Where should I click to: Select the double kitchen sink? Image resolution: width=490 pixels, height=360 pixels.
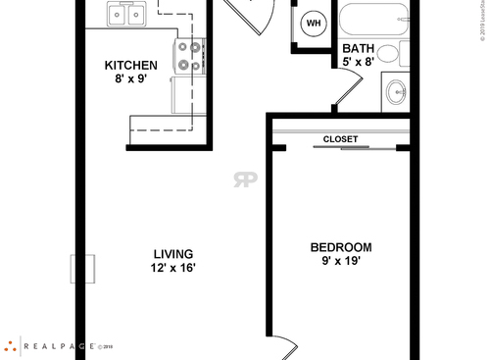[126, 14]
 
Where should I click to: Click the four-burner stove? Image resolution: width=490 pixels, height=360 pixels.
[188, 57]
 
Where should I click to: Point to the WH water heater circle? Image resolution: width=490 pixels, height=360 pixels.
[314, 24]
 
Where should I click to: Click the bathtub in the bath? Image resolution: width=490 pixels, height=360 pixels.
[371, 18]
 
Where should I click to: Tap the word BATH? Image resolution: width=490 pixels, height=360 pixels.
[358, 47]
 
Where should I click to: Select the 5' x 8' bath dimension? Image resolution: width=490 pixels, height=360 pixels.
[358, 62]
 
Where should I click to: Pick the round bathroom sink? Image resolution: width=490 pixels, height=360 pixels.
[397, 91]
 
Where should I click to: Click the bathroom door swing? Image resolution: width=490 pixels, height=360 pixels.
[338, 94]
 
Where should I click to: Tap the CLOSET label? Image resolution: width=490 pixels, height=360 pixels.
[340, 139]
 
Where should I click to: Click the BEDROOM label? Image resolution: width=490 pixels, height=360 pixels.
[340, 247]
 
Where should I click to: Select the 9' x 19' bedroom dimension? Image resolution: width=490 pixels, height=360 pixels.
[340, 263]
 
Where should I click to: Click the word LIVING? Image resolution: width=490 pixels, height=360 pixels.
[172, 253]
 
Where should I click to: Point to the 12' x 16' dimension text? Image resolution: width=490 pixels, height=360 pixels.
[172, 268]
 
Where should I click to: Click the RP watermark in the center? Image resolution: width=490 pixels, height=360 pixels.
[244, 179]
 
